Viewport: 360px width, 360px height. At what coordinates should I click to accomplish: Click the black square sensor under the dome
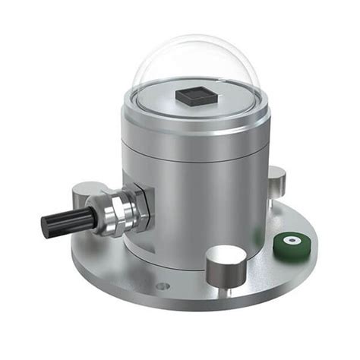coord(192,96)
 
